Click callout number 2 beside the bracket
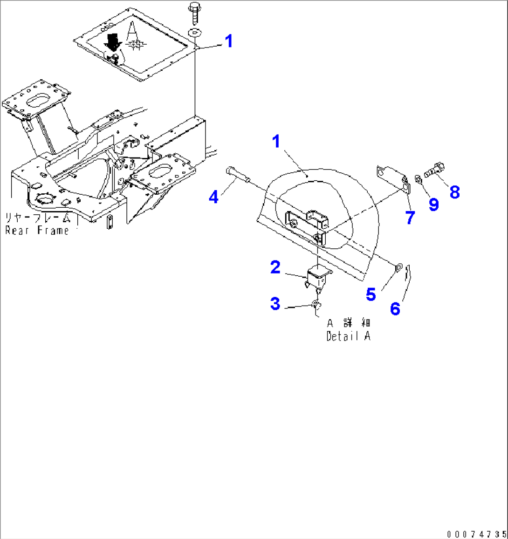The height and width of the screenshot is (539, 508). pyautogui.click(x=275, y=267)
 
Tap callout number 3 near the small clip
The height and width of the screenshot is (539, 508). pyautogui.click(x=275, y=304)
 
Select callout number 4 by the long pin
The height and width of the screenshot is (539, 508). pyautogui.click(x=213, y=197)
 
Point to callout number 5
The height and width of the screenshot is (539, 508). pyautogui.click(x=371, y=294)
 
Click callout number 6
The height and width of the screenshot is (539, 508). pyautogui.click(x=395, y=308)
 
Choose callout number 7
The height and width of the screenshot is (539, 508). pyautogui.click(x=410, y=217)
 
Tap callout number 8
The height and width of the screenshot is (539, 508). pyautogui.click(x=454, y=191)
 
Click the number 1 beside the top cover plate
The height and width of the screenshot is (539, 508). pyautogui.click(x=228, y=41)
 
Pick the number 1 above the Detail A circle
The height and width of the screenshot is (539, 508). pyautogui.click(x=277, y=141)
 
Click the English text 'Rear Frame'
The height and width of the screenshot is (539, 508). pyautogui.click(x=37, y=230)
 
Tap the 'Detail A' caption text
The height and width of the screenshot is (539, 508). pyautogui.click(x=348, y=336)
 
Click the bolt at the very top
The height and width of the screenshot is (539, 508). pyautogui.click(x=194, y=13)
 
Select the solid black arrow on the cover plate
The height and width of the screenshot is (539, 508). pyautogui.click(x=112, y=42)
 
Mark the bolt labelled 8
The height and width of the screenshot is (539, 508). pyautogui.click(x=434, y=170)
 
